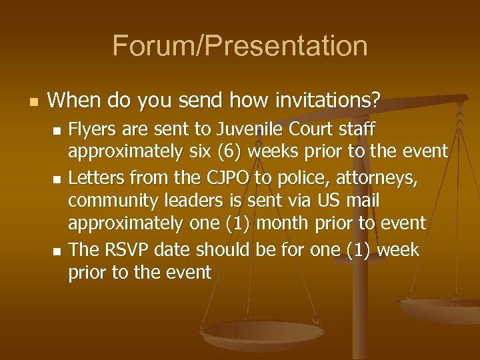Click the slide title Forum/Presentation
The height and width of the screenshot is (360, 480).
(240, 46)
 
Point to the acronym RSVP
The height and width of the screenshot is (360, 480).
(128, 250)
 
